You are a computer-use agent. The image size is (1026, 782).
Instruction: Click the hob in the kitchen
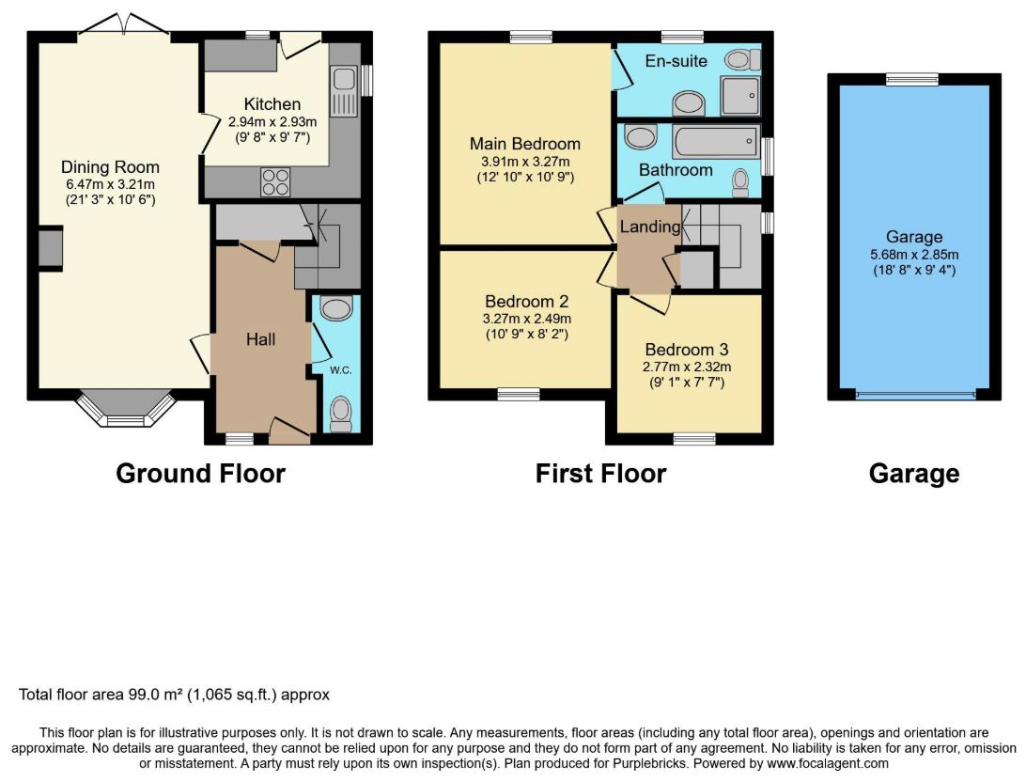tap(275, 182)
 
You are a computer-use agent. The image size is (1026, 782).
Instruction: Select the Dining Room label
tap(110, 167)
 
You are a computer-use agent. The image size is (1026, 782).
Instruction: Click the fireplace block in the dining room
tap(51, 247)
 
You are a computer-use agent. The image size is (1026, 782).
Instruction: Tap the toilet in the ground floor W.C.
tap(340, 414)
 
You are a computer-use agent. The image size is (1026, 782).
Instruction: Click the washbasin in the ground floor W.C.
tap(337, 307)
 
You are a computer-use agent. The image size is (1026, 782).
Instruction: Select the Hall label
tap(260, 339)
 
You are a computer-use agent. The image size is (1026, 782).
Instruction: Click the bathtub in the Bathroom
tap(717, 141)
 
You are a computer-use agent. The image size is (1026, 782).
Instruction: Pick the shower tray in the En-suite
tap(740, 96)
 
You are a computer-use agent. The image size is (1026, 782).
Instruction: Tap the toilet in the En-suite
tap(742, 60)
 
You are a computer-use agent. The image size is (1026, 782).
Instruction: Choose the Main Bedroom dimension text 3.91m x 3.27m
tap(525, 161)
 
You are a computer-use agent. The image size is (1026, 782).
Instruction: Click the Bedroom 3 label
tap(687, 350)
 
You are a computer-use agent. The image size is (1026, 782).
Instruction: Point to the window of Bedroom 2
tap(519, 394)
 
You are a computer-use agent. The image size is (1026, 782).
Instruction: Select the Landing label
tap(650, 227)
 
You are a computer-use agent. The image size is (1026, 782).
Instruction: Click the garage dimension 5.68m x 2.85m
tap(914, 255)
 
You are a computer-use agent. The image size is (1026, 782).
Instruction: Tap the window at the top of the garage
tap(912, 79)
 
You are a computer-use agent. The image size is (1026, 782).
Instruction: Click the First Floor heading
tap(600, 473)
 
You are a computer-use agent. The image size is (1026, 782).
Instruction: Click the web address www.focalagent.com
tap(828, 763)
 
